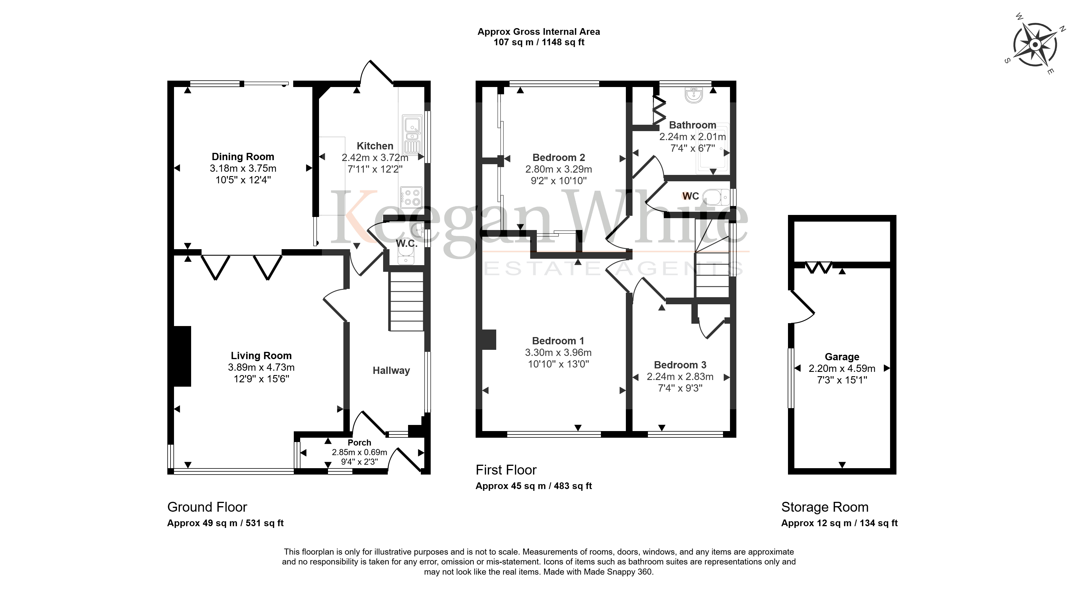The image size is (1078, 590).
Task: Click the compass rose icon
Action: pyautogui.click(x=1035, y=45)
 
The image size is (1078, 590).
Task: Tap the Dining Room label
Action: pyautogui.click(x=243, y=157)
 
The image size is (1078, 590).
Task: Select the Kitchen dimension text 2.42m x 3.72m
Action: pyautogui.click(x=375, y=158)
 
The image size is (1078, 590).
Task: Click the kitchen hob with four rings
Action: pyautogui.click(x=411, y=198)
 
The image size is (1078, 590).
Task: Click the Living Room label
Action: pyautogui.click(x=261, y=356)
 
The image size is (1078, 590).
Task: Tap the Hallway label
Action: pyautogui.click(x=391, y=370)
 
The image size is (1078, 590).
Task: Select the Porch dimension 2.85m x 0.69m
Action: pyautogui.click(x=359, y=452)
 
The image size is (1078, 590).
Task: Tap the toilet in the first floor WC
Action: pyautogui.click(x=716, y=197)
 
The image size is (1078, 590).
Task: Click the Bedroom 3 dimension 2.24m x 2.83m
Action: pyautogui.click(x=680, y=377)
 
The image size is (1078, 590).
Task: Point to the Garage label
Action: pyautogui.click(x=842, y=357)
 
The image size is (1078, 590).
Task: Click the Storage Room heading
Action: pyautogui.click(x=825, y=507)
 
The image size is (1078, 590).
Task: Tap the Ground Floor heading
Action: pyautogui.click(x=207, y=507)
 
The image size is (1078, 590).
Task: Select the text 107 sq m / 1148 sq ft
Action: pyautogui.click(x=539, y=42)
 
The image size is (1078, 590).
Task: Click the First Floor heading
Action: pyautogui.click(x=506, y=470)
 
